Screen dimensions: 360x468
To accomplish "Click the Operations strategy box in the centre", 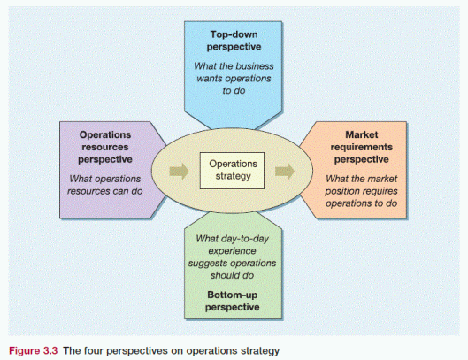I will point(234,170).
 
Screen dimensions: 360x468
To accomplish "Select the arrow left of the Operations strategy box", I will point(180,171).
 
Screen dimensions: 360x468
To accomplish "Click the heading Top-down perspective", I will point(234,41).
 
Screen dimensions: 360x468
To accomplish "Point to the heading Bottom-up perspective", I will point(234,300).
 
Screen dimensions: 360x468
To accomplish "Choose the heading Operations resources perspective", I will point(106,147).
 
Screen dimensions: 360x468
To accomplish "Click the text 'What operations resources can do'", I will point(106,182).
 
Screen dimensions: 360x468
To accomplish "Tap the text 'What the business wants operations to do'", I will point(234,80).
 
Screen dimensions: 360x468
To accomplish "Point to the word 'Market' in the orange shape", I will point(363,135).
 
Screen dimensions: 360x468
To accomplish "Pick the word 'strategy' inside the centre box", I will point(234,177).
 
